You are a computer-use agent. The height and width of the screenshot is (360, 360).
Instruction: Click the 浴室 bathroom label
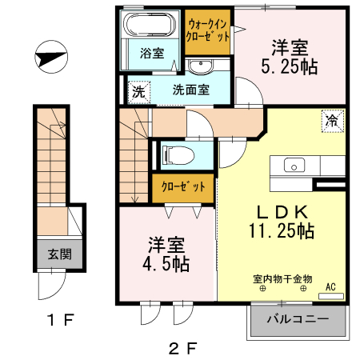pyautogui.click(x=152, y=54)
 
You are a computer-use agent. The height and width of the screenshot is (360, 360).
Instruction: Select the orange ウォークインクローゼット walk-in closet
pyautogui.click(x=208, y=31)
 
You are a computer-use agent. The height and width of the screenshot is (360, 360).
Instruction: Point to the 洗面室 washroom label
pyautogui.click(x=191, y=90)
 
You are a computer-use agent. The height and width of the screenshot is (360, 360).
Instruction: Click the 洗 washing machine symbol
pyautogui.click(x=138, y=90)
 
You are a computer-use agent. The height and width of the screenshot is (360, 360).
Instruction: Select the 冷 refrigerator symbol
pyautogui.click(x=330, y=120)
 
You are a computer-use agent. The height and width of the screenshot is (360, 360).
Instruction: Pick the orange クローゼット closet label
pyautogui.click(x=183, y=187)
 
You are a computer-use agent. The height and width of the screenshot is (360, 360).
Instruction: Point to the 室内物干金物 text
pyautogui.click(x=282, y=279)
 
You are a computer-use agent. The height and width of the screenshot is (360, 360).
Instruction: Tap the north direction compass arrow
pyautogui.click(x=50, y=58)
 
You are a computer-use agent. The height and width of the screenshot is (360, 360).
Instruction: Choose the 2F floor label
pyautogui.click(x=182, y=348)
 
